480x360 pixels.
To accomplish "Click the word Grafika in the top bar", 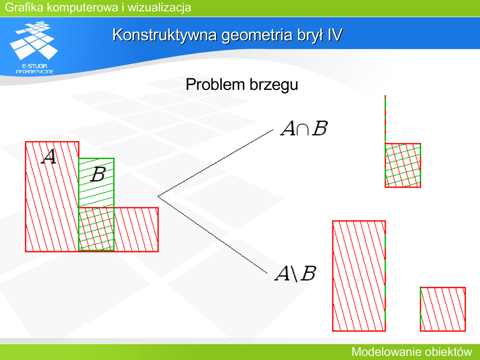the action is pos(24,7).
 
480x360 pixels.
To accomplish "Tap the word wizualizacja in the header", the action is pos(159,7).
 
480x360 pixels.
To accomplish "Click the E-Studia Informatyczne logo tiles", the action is pos(34,40).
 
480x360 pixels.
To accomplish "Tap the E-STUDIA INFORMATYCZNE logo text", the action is pos(35,69).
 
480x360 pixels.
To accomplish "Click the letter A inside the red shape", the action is pos(49,157).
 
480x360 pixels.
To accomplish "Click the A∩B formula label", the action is pos(304,128).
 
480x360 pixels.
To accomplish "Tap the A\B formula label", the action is pos(296,273).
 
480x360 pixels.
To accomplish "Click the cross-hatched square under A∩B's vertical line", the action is pos(403,165).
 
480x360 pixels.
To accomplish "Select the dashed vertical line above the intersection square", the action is pos(385,119).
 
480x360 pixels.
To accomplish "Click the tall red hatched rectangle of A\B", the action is pos(359,276).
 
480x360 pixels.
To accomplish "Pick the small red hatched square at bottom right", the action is pos(443,309).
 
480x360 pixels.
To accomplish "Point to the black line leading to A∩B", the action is pos(215,163).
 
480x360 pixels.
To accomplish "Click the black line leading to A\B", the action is pos(212,234).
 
